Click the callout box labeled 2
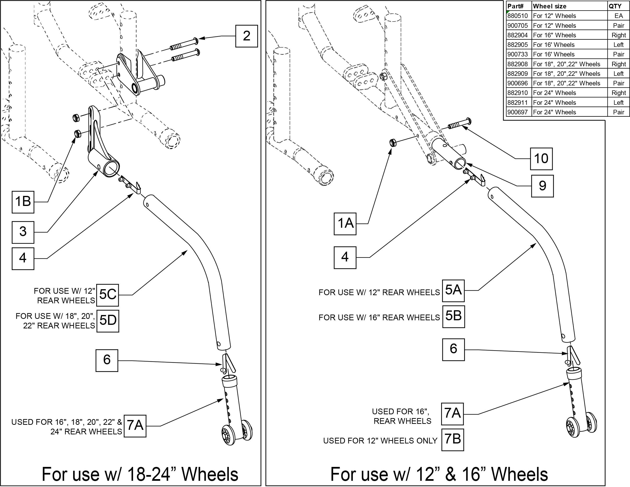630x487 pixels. click(x=246, y=36)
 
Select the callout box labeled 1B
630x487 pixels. click(x=23, y=202)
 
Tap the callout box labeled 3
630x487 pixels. click(x=23, y=232)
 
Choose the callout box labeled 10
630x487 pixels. click(x=541, y=159)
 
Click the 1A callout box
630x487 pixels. click(x=345, y=224)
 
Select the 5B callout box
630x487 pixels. click(x=453, y=316)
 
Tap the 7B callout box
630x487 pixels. click(x=453, y=440)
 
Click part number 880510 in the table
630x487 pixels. click(x=518, y=16)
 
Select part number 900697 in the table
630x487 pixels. click(x=518, y=112)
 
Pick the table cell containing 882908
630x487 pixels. click(x=518, y=64)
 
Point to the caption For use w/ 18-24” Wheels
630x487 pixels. click(x=140, y=474)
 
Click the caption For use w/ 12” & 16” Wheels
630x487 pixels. click(x=439, y=474)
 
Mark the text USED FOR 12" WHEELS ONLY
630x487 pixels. click(x=380, y=441)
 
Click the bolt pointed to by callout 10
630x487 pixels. click(x=459, y=123)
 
